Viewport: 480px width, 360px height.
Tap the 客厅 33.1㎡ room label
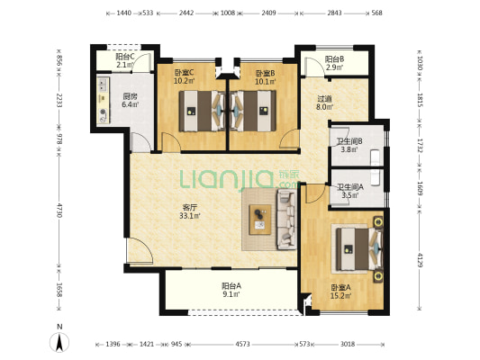click(x=190, y=211)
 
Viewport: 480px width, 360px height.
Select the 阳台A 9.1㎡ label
click(x=231, y=290)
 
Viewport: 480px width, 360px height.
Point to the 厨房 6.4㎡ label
click(x=131, y=100)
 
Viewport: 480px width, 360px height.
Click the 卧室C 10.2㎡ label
click(x=184, y=76)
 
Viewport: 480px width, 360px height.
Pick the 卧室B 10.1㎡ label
click(x=266, y=77)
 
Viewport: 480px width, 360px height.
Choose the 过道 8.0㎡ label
click(x=324, y=103)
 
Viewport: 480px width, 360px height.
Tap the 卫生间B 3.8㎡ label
click(x=349, y=145)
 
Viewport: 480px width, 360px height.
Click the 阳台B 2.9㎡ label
click(x=334, y=63)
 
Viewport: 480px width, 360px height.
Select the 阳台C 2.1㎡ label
click(x=125, y=60)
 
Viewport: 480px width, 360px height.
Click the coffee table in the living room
click(x=260, y=220)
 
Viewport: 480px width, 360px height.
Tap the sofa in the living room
click(x=286, y=219)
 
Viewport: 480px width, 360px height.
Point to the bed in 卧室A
click(x=359, y=249)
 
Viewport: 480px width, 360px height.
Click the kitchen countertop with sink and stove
click(x=104, y=100)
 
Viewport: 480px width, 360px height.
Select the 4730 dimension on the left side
click(x=59, y=210)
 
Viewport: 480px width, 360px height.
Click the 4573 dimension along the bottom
click(x=242, y=344)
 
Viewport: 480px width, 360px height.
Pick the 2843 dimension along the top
click(x=333, y=13)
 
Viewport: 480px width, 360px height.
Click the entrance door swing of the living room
click(x=140, y=251)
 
